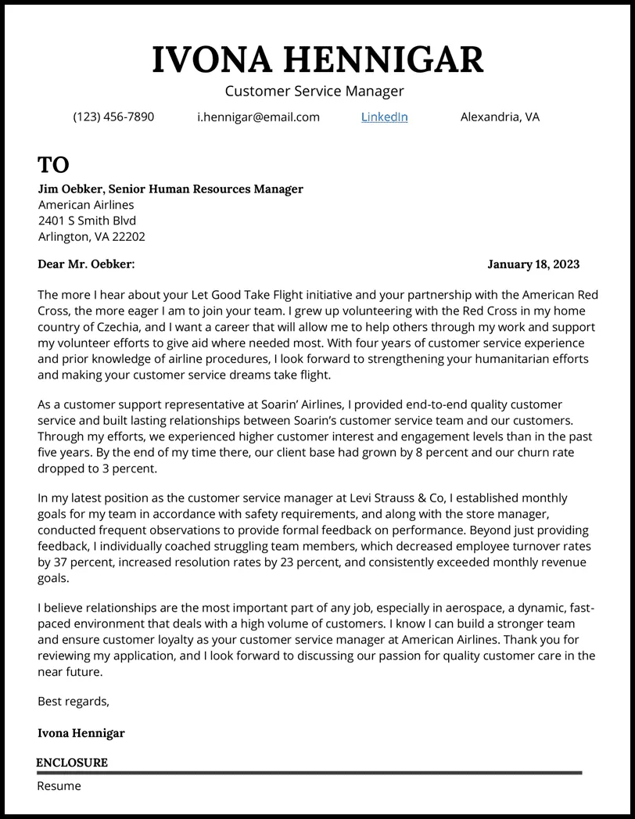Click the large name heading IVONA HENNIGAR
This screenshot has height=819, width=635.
click(317, 60)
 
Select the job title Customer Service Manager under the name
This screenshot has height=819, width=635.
click(314, 92)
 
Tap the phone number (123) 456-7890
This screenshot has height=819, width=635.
click(113, 117)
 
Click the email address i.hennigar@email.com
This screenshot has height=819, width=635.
click(258, 117)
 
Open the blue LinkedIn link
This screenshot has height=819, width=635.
click(384, 117)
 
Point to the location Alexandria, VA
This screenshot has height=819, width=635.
click(500, 117)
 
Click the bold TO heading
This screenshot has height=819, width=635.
click(53, 165)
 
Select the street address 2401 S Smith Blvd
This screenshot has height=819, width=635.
click(87, 221)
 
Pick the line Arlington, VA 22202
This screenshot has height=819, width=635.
click(91, 236)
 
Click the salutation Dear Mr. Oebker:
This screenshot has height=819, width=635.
click(86, 264)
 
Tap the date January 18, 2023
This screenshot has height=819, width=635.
click(533, 264)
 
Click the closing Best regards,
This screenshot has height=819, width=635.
click(74, 702)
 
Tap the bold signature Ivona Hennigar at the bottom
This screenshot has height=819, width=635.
click(81, 734)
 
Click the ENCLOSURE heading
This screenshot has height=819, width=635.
click(72, 763)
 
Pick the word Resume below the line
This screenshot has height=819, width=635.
click(59, 786)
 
